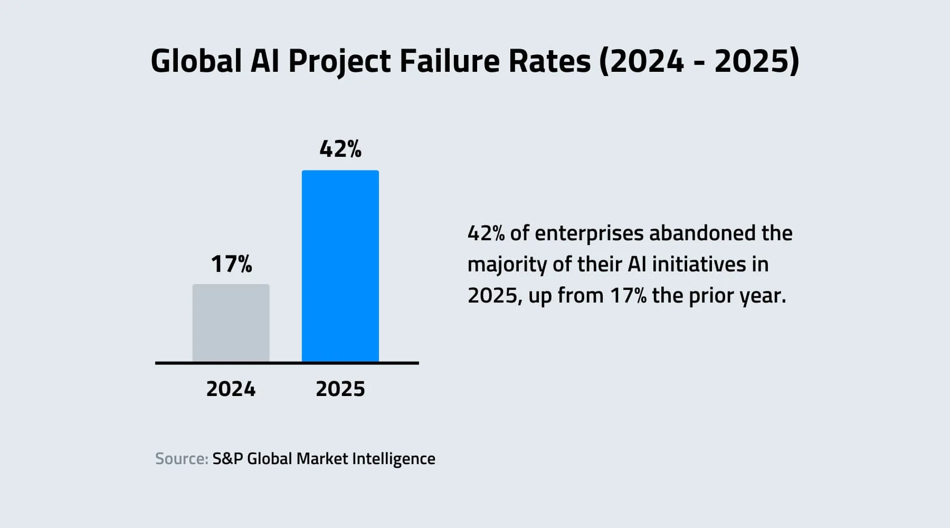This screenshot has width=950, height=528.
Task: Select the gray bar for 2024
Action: (x=231, y=323)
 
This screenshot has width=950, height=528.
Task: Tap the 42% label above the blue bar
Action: (x=340, y=149)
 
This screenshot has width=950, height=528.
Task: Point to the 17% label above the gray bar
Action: (x=231, y=263)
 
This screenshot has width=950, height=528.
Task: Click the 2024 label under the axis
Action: (x=231, y=389)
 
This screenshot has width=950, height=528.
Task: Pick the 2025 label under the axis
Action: (x=340, y=389)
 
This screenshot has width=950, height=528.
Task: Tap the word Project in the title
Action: (x=339, y=62)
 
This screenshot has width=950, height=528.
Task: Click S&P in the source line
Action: (x=227, y=458)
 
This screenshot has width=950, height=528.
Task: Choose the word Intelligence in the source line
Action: (x=393, y=459)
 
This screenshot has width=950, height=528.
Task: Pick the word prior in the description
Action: (x=709, y=296)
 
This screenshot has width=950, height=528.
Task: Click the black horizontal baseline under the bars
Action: (x=287, y=363)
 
